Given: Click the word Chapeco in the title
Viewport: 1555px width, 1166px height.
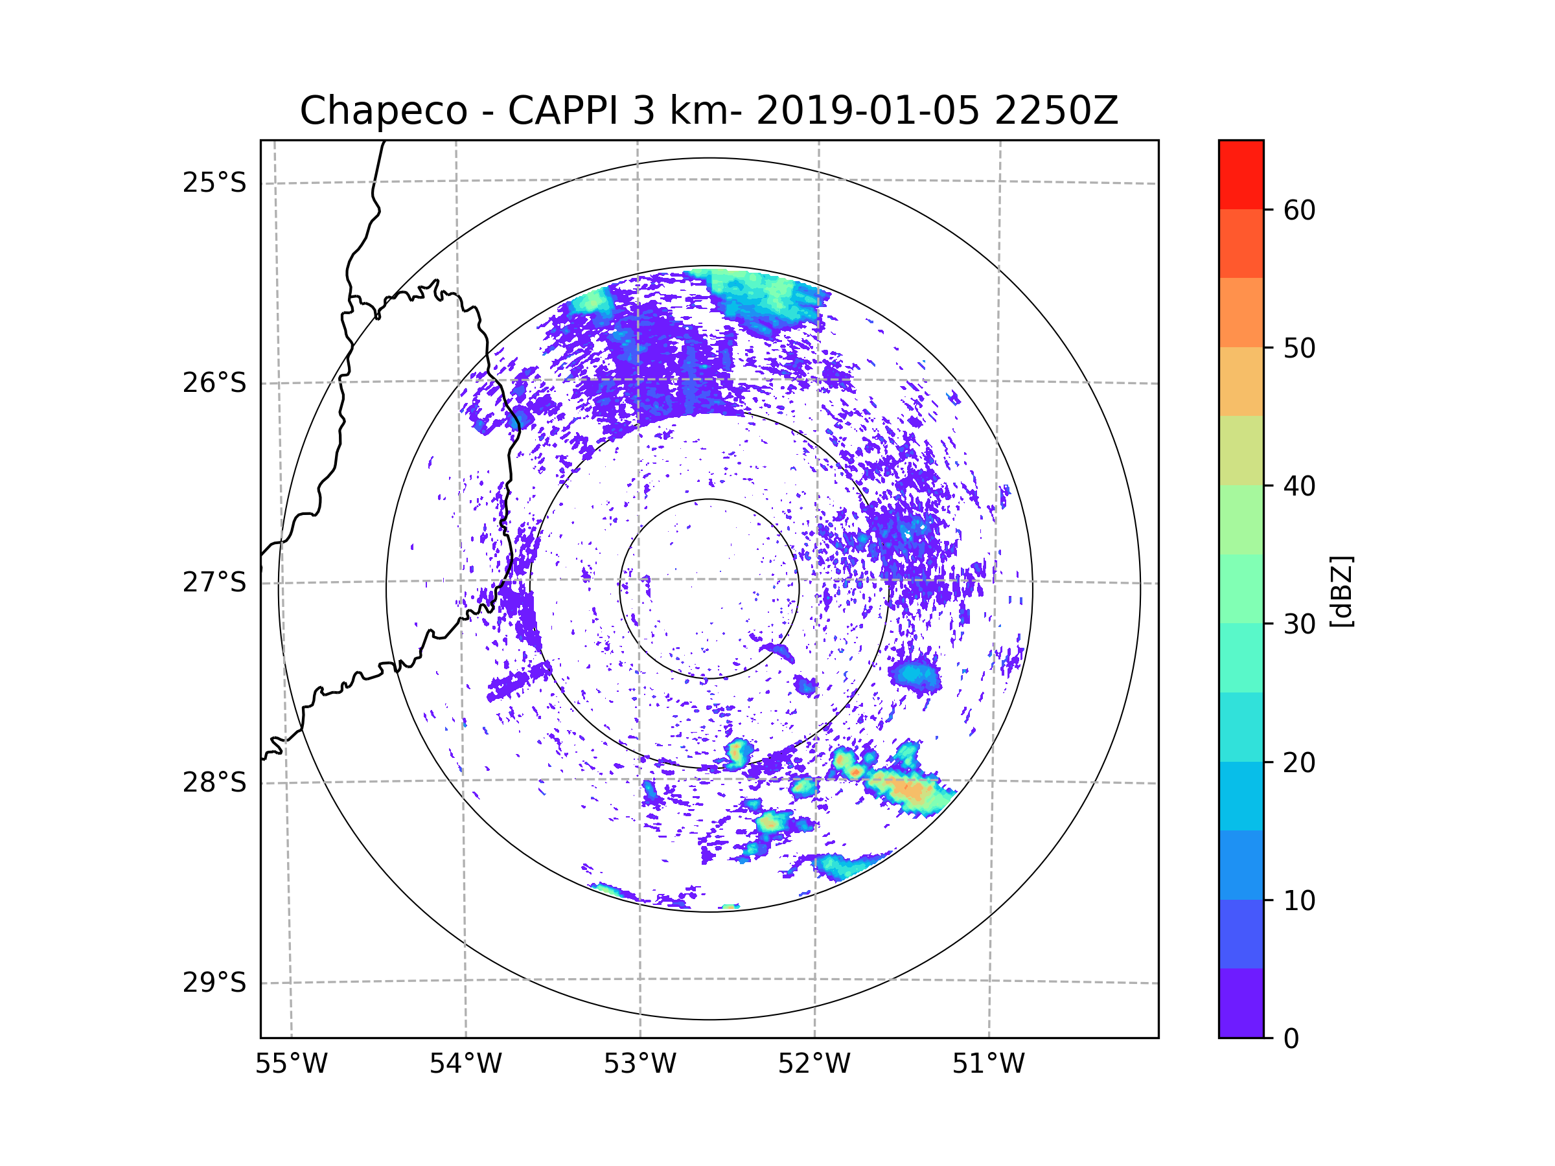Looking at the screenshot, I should tap(383, 111).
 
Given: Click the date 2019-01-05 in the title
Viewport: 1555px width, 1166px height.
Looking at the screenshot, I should tap(868, 111).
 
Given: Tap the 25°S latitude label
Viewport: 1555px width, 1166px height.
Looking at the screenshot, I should tap(214, 183).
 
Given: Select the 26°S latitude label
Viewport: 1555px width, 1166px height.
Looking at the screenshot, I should tap(214, 383).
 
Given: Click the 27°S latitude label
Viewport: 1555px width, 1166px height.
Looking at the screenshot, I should tap(214, 582).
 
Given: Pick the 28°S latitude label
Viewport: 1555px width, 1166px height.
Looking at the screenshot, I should tap(214, 783).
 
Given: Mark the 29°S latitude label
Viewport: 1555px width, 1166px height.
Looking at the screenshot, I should tap(214, 983).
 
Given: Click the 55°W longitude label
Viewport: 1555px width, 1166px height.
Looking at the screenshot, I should tap(291, 1064).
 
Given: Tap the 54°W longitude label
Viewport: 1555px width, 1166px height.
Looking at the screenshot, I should tap(465, 1064).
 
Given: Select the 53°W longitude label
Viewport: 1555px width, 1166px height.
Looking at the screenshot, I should tap(639, 1064).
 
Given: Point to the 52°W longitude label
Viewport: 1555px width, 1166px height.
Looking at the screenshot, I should tap(814, 1064).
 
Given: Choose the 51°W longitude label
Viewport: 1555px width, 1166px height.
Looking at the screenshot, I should tap(988, 1064).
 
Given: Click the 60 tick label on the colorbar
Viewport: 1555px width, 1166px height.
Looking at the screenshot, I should tap(1299, 210).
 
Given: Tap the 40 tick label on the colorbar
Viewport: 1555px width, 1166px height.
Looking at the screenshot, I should tap(1299, 486).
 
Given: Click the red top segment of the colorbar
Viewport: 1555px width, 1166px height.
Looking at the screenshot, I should tap(1241, 174).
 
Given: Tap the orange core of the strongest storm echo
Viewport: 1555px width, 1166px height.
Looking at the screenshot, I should tap(912, 791).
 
